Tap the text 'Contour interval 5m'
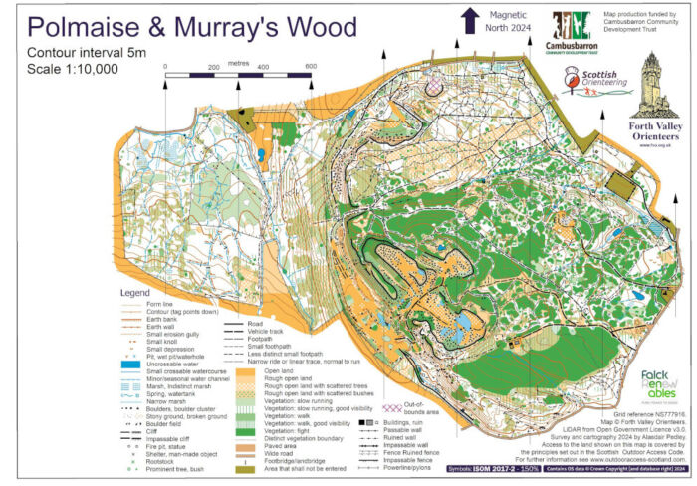pos(89,51)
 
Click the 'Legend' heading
pos(134,293)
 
